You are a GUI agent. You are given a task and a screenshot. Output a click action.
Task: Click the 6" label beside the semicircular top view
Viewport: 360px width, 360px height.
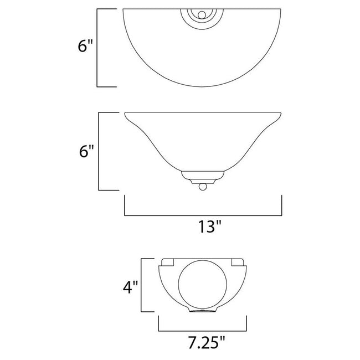point(83,47)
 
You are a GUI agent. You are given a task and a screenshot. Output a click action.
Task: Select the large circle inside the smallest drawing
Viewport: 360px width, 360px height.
point(203,287)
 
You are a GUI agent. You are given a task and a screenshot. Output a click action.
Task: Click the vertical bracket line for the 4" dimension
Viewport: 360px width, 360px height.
point(142,285)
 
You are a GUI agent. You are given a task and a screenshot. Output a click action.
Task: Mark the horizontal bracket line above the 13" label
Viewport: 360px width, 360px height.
point(203,214)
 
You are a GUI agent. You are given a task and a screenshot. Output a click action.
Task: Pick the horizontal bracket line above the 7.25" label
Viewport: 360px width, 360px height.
point(203,328)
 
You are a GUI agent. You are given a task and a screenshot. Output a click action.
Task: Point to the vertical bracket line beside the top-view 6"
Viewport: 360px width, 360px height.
point(98,48)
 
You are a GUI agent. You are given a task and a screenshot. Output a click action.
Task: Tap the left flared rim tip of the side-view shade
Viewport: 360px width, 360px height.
point(126,114)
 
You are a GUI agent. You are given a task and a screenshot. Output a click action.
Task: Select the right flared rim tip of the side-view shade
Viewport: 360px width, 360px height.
point(281,114)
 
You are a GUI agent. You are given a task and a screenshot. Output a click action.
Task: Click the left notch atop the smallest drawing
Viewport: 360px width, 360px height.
point(168,261)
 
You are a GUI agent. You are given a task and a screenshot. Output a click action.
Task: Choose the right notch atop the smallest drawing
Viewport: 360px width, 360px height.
point(238,261)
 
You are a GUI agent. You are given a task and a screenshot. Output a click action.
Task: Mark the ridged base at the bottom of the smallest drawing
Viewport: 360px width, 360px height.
point(203,312)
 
